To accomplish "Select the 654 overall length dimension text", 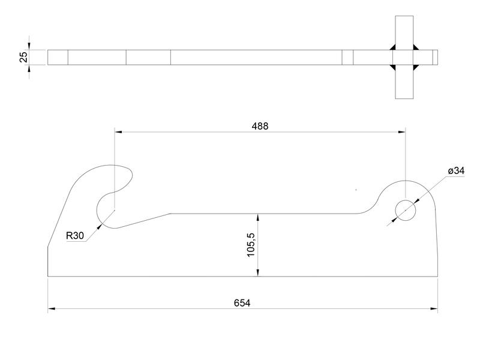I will pos(243,303).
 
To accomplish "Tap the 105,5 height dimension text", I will pos(251,245).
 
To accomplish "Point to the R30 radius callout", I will pos(74,236).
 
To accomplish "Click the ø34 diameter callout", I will pos(456,171).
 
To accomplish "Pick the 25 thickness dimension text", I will pos(23,57).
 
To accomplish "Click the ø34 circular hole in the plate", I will pos(405,209).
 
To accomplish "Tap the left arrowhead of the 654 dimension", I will pos(52,309).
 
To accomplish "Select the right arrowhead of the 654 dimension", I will pos(434,309).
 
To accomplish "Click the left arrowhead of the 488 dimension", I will pos(118,131).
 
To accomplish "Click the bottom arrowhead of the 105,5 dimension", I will pos(257,273).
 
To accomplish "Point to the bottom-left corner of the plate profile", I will pos(48,277).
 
